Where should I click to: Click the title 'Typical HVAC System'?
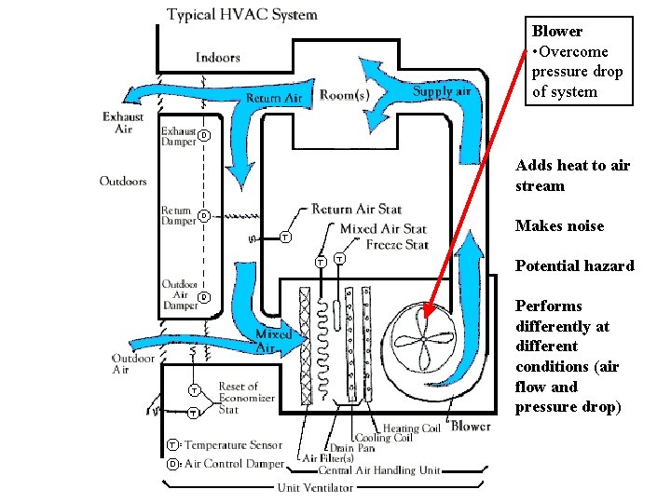coord(241,15)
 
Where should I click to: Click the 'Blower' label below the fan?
coord(470,427)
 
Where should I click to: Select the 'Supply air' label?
coord(442,90)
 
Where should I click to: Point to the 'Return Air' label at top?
coord(274,98)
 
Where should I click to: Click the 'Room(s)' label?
coord(344,95)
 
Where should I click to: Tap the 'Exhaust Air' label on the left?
coord(123,123)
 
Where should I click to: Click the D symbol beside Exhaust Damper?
coord(204,137)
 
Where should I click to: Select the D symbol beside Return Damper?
coord(203,216)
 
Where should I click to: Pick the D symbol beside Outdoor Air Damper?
coord(204,297)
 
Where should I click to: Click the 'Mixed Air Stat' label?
coord(383,228)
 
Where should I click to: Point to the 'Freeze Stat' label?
coord(397,245)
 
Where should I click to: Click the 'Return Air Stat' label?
coord(356,210)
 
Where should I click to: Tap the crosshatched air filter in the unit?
coord(306,345)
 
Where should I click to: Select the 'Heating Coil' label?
coord(411,428)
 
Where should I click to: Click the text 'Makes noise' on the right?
coord(559,226)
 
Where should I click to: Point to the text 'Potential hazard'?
coord(574,266)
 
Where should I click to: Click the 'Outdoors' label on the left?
coord(123,181)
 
